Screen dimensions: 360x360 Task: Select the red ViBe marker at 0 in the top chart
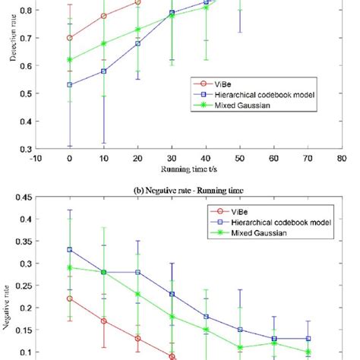tap(70, 38)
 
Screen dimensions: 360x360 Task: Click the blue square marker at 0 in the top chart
tap(70, 85)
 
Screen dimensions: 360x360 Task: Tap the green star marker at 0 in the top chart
tap(70, 60)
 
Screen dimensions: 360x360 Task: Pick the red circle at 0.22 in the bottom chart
tap(70, 298)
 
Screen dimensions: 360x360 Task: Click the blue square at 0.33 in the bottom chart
tap(70, 250)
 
